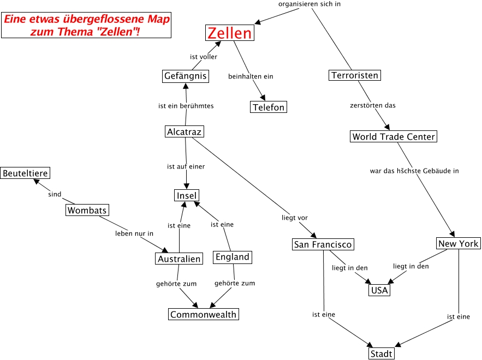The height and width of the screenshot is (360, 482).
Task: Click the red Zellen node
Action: click(230, 33)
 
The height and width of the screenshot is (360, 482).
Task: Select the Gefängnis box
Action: click(186, 76)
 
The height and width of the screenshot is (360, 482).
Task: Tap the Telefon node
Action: click(269, 107)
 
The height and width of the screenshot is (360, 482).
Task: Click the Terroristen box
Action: click(355, 75)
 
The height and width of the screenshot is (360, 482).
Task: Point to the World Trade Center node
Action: click(394, 136)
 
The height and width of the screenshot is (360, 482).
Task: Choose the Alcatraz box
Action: click(184, 131)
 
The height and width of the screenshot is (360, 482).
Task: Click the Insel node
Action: click(187, 195)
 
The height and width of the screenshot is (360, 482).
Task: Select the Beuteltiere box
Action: click(25, 173)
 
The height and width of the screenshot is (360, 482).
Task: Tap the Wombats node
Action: click(87, 210)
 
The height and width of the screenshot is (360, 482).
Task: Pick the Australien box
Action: click(179, 259)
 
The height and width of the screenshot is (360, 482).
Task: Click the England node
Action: click(233, 257)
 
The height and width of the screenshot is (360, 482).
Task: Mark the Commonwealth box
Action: click(203, 314)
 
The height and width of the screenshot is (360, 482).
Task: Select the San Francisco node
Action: click(323, 244)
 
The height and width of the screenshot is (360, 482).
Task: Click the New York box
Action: click(458, 243)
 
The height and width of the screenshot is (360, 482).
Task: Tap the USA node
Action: click(379, 290)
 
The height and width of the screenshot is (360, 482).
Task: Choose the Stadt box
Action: click(381, 354)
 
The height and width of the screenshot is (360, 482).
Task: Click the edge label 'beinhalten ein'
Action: click(251, 76)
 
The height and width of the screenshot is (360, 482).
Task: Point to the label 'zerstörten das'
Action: click(372, 105)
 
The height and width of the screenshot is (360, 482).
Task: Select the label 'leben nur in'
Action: click(134, 233)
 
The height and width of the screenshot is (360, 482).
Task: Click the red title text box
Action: click(86, 26)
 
